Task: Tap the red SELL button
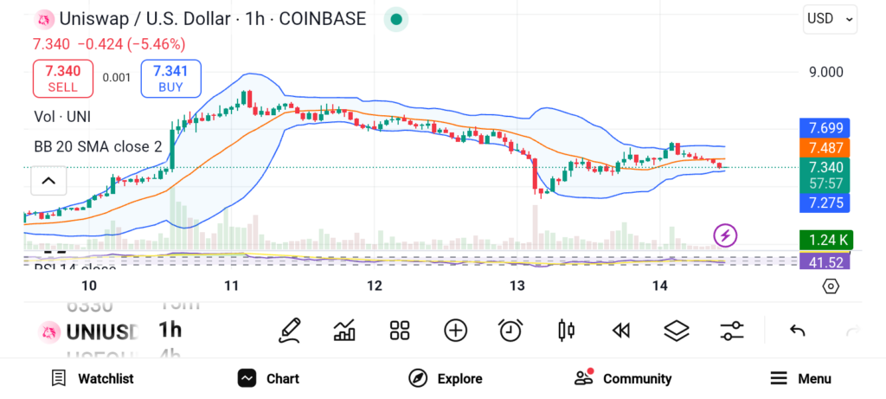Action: pos(62,79)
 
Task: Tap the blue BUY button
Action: pos(170,79)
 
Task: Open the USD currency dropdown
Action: pos(830,18)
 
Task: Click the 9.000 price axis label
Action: pos(825,72)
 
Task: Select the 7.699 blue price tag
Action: pos(825,128)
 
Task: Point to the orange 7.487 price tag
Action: pos(825,148)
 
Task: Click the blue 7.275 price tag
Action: pos(825,203)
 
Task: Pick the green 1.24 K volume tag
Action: pos(825,240)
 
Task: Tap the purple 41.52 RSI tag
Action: pos(825,261)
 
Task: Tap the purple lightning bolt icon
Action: pos(726,235)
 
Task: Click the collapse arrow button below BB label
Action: pos(48,181)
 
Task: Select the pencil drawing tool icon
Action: pos(290,330)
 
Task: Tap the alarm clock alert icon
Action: pos(510,330)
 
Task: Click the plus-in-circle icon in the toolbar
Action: pos(455,330)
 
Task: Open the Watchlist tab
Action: pos(92,378)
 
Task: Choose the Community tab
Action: pos(623,378)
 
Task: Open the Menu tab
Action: pos(800,378)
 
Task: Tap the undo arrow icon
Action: pos(797,330)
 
